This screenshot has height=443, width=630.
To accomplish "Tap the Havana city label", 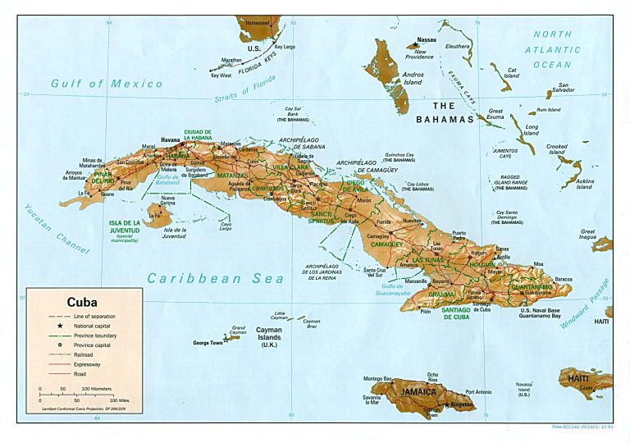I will click(170, 140).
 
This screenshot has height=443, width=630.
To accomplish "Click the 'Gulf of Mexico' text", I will click(96, 83).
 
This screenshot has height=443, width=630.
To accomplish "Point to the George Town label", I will click(208, 342).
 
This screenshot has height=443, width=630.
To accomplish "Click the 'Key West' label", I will click(221, 75).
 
